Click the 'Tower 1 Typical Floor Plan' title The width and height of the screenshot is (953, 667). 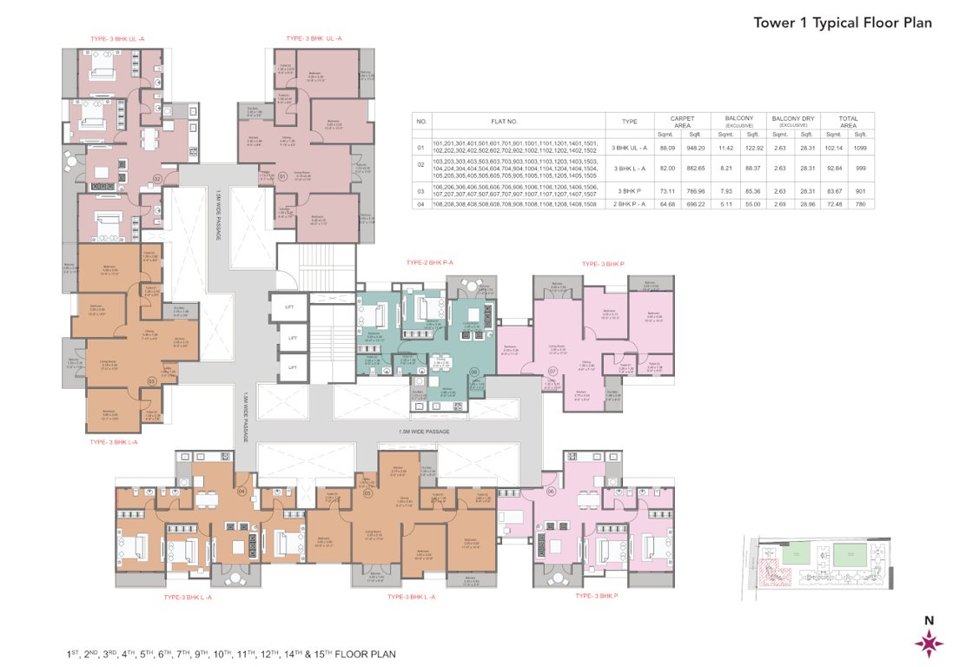[842, 23]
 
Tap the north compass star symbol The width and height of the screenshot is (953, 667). [930, 644]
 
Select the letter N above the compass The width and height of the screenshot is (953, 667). [930, 621]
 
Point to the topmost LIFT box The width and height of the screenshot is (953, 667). [293, 306]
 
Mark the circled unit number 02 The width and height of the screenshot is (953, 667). [157, 179]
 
